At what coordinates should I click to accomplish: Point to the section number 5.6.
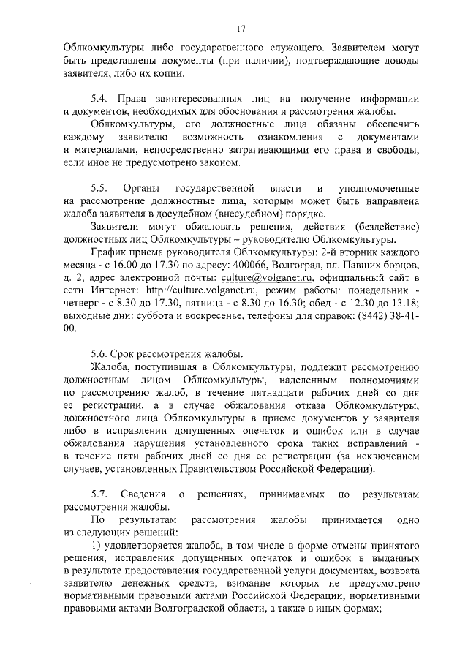click(x=99, y=354)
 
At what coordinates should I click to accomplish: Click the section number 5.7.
click(x=99, y=496)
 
